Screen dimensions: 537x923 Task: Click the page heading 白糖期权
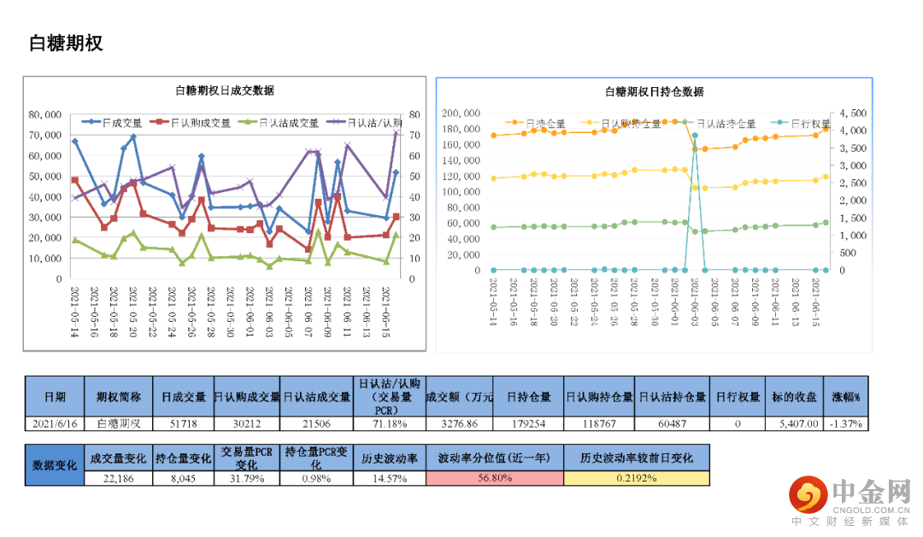point(66,44)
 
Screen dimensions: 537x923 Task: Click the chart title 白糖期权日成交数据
point(224,90)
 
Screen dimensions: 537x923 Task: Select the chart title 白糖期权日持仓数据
point(654,91)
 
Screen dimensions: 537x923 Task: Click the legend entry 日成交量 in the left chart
point(121,123)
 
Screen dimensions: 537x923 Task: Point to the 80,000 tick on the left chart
point(45,114)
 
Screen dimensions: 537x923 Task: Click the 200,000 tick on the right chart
point(461,113)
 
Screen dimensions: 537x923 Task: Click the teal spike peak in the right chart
point(695,135)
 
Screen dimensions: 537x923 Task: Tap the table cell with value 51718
point(184,423)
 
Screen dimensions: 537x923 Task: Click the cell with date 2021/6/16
point(55,423)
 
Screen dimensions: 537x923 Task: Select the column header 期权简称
point(119,397)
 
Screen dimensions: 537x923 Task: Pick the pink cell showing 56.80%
point(495,478)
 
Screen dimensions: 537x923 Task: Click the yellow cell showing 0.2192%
point(636,478)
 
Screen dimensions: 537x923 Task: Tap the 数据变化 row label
point(55,465)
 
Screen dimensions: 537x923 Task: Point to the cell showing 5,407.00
point(793,423)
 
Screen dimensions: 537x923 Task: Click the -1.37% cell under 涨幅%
point(845,423)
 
